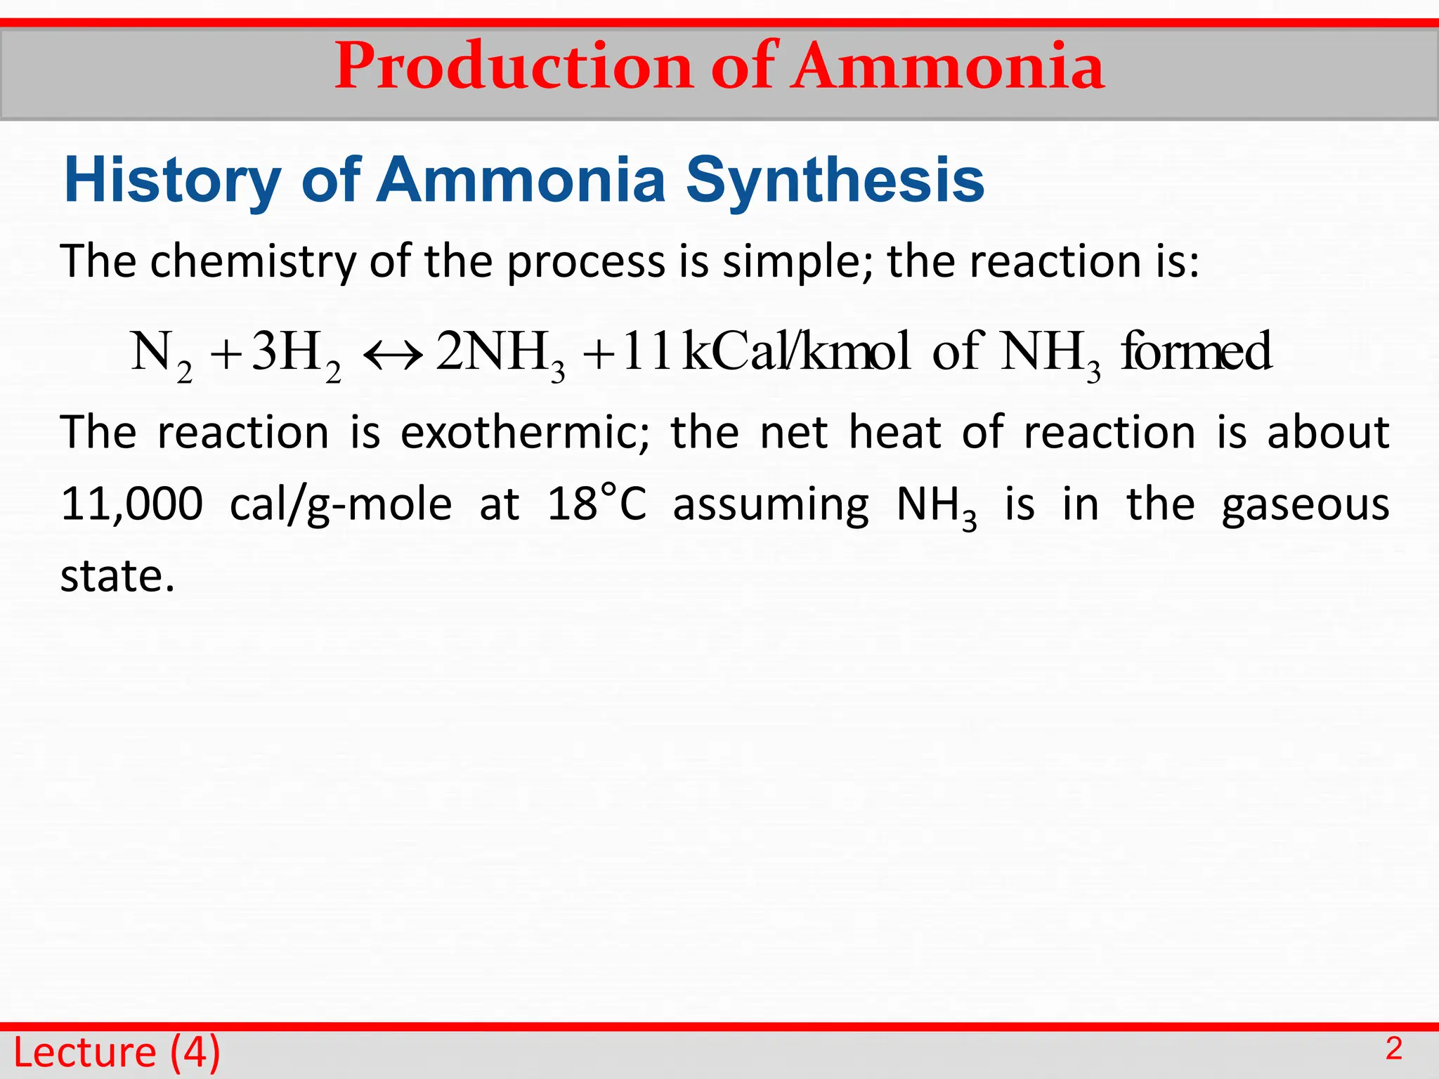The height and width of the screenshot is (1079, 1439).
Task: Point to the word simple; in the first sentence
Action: point(797,261)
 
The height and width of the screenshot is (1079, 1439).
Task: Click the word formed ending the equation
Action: point(1195,351)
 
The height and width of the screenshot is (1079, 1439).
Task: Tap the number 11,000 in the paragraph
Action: point(131,504)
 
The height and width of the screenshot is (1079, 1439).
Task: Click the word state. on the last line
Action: point(117,576)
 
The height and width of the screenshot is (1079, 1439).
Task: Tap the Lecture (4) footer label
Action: point(117,1052)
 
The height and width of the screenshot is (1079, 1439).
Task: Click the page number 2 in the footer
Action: point(1394,1049)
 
